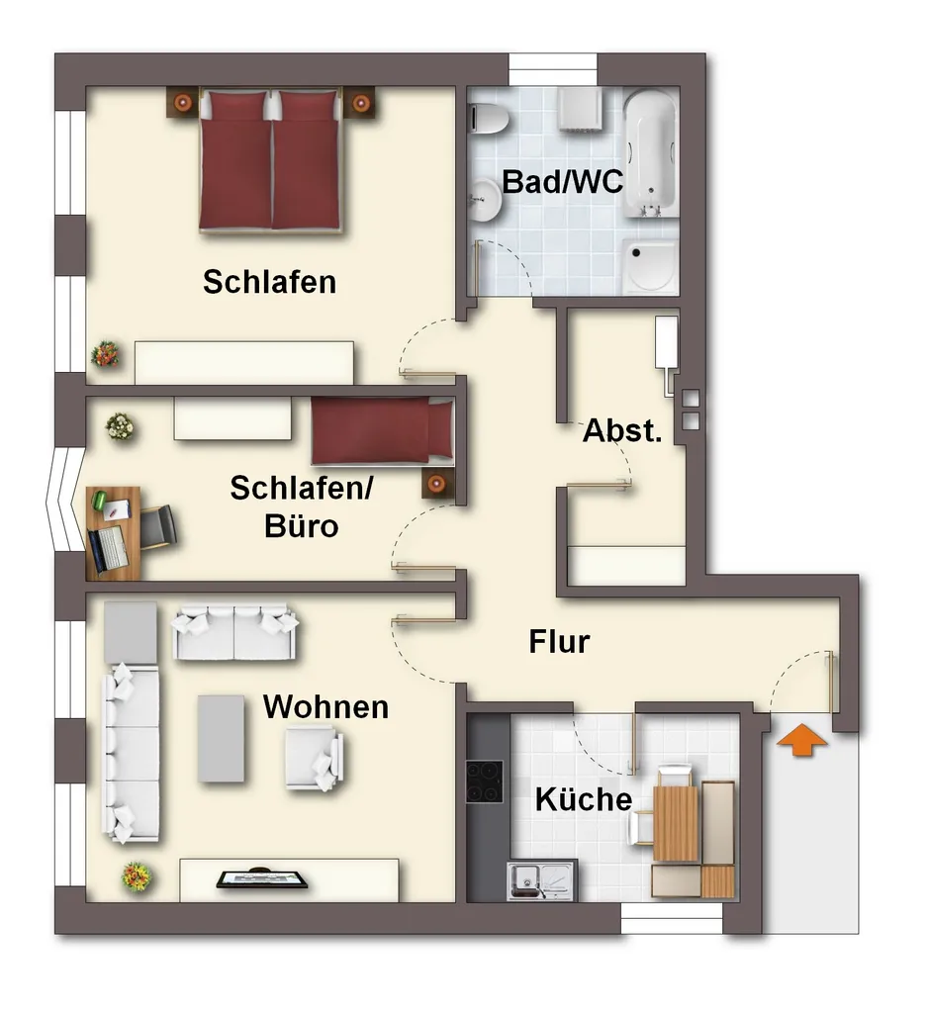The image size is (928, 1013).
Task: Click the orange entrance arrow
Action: click(x=801, y=740)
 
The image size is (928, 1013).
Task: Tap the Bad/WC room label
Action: click(x=563, y=182)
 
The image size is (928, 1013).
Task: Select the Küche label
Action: click(x=584, y=799)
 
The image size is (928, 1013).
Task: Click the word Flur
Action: click(x=559, y=641)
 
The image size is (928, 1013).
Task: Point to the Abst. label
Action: click(x=622, y=430)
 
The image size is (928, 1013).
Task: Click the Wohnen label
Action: click(x=325, y=706)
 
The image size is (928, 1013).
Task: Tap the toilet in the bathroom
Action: click(x=488, y=118)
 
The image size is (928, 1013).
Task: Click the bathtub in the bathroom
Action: click(x=651, y=153)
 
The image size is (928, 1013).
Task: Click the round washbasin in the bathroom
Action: click(x=485, y=199)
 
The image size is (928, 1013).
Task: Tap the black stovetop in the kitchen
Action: click(x=484, y=782)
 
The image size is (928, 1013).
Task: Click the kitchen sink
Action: click(x=541, y=879)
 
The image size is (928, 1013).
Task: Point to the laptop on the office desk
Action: click(x=107, y=549)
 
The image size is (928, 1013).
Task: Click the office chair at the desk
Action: click(x=157, y=527)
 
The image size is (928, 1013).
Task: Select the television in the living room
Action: click(x=262, y=879)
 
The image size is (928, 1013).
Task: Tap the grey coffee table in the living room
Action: click(x=221, y=738)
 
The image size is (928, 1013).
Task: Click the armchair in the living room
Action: click(x=314, y=757)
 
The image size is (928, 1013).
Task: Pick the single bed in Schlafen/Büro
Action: click(x=383, y=430)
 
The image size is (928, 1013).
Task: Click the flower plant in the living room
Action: click(x=137, y=876)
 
